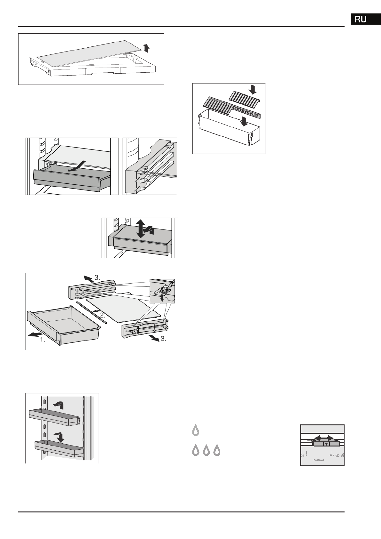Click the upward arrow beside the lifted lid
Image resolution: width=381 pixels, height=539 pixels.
[146, 48]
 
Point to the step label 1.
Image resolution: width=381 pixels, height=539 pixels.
[42, 340]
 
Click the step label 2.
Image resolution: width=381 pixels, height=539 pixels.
[102, 315]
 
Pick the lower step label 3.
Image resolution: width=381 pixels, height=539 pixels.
[163, 339]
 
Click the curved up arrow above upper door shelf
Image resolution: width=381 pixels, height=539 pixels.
[59, 406]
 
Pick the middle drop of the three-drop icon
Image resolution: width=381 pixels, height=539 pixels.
[206, 450]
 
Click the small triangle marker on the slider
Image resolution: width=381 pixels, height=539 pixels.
[326, 444]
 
